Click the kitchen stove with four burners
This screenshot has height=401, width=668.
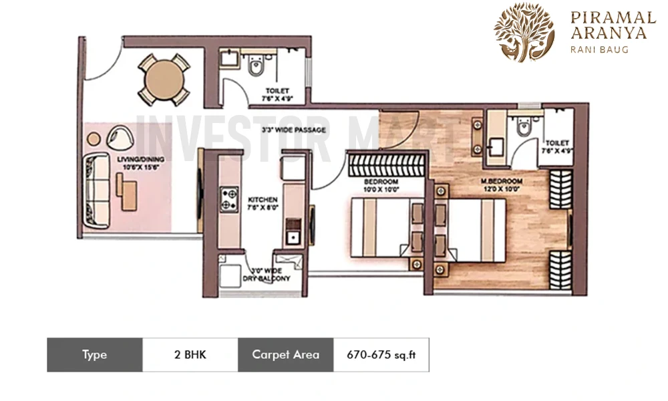(230, 198)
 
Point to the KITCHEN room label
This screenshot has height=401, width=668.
(263, 204)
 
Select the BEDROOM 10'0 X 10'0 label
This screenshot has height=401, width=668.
(381, 185)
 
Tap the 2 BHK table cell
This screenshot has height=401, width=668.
(190, 355)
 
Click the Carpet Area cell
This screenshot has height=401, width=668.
(285, 355)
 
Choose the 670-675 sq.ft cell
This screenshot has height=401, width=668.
(381, 355)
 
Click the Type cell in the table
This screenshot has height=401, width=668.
(94, 355)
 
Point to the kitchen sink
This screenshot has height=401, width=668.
(292, 236)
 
